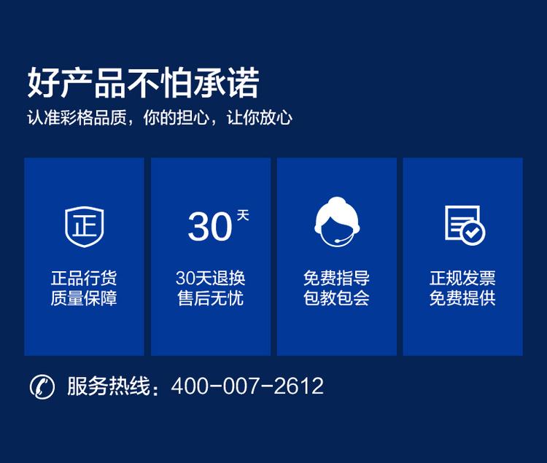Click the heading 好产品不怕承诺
[x=143, y=83]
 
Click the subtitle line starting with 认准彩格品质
[x=160, y=118]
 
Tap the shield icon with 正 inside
[x=84, y=225]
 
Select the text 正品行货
[x=84, y=279]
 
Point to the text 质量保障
[x=84, y=297]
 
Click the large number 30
[x=209, y=226]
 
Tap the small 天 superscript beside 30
[x=243, y=215]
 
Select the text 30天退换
[x=211, y=279]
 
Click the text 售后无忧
[x=211, y=297]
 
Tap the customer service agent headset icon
[x=336, y=222]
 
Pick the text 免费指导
[x=336, y=279]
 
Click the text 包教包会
[x=336, y=297]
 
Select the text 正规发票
[x=462, y=279]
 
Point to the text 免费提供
[x=462, y=297]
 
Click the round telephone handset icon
[x=42, y=386]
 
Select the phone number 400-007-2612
[x=247, y=386]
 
